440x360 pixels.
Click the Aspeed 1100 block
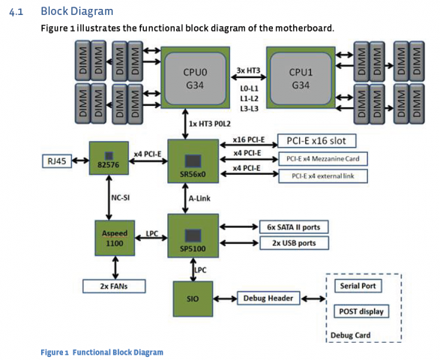[115, 238]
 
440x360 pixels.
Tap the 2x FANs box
[114, 286]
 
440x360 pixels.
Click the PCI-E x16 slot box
[316, 141]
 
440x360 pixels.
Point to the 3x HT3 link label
[248, 70]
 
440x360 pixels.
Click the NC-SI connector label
[121, 198]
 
